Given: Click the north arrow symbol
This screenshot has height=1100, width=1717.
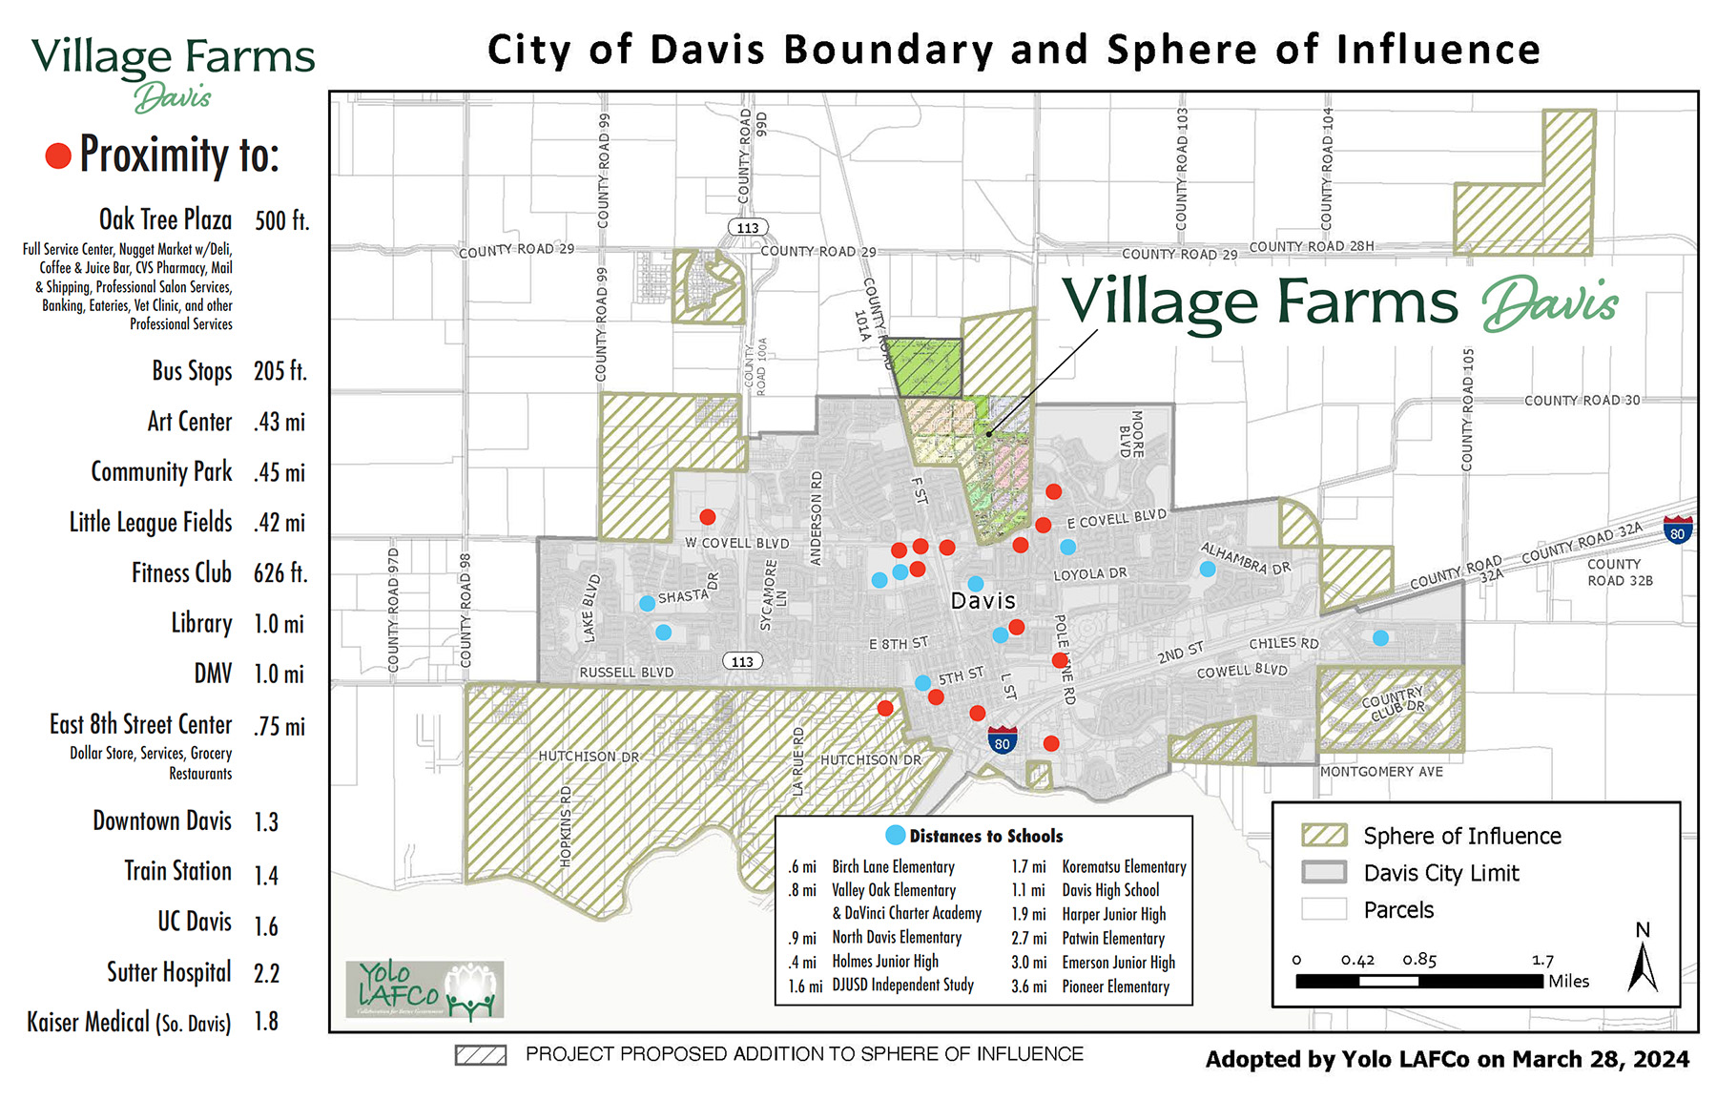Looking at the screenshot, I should click(x=1642, y=965).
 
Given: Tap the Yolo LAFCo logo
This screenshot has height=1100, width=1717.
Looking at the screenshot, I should click(x=424, y=989).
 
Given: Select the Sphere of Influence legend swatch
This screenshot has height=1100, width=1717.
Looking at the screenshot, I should click(x=1324, y=836).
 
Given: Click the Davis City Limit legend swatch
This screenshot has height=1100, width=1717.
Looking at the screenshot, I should click(x=1324, y=872).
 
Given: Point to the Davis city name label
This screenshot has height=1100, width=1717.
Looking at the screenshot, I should click(x=983, y=601).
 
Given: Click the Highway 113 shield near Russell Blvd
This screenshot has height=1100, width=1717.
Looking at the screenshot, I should click(x=742, y=661).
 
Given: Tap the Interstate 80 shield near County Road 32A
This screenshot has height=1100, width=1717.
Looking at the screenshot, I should click(x=1677, y=529).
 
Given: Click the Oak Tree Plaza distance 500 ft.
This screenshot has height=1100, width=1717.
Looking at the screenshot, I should click(x=281, y=221).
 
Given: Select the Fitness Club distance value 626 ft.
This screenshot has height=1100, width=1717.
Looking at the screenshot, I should click(x=279, y=573).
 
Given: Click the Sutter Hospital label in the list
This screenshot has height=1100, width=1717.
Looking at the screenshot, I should click(x=169, y=972).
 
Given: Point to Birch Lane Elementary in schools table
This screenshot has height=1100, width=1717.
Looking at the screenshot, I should click(x=893, y=866).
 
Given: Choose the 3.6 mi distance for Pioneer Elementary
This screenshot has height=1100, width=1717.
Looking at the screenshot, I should click(x=1028, y=986).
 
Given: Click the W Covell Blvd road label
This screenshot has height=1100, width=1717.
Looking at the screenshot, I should click(x=736, y=543).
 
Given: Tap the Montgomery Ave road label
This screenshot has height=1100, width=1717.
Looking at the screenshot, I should click(x=1381, y=771).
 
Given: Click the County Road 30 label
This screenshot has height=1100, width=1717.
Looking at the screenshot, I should click(x=1582, y=401).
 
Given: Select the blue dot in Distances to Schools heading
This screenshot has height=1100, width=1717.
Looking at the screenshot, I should click(x=895, y=835).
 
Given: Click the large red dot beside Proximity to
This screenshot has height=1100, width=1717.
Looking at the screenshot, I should click(x=58, y=156).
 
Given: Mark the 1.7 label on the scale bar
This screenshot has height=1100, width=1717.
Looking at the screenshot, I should click(x=1542, y=960).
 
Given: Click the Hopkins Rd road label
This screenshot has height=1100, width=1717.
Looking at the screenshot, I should click(x=566, y=826).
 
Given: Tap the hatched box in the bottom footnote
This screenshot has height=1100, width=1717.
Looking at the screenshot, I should click(x=481, y=1055).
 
